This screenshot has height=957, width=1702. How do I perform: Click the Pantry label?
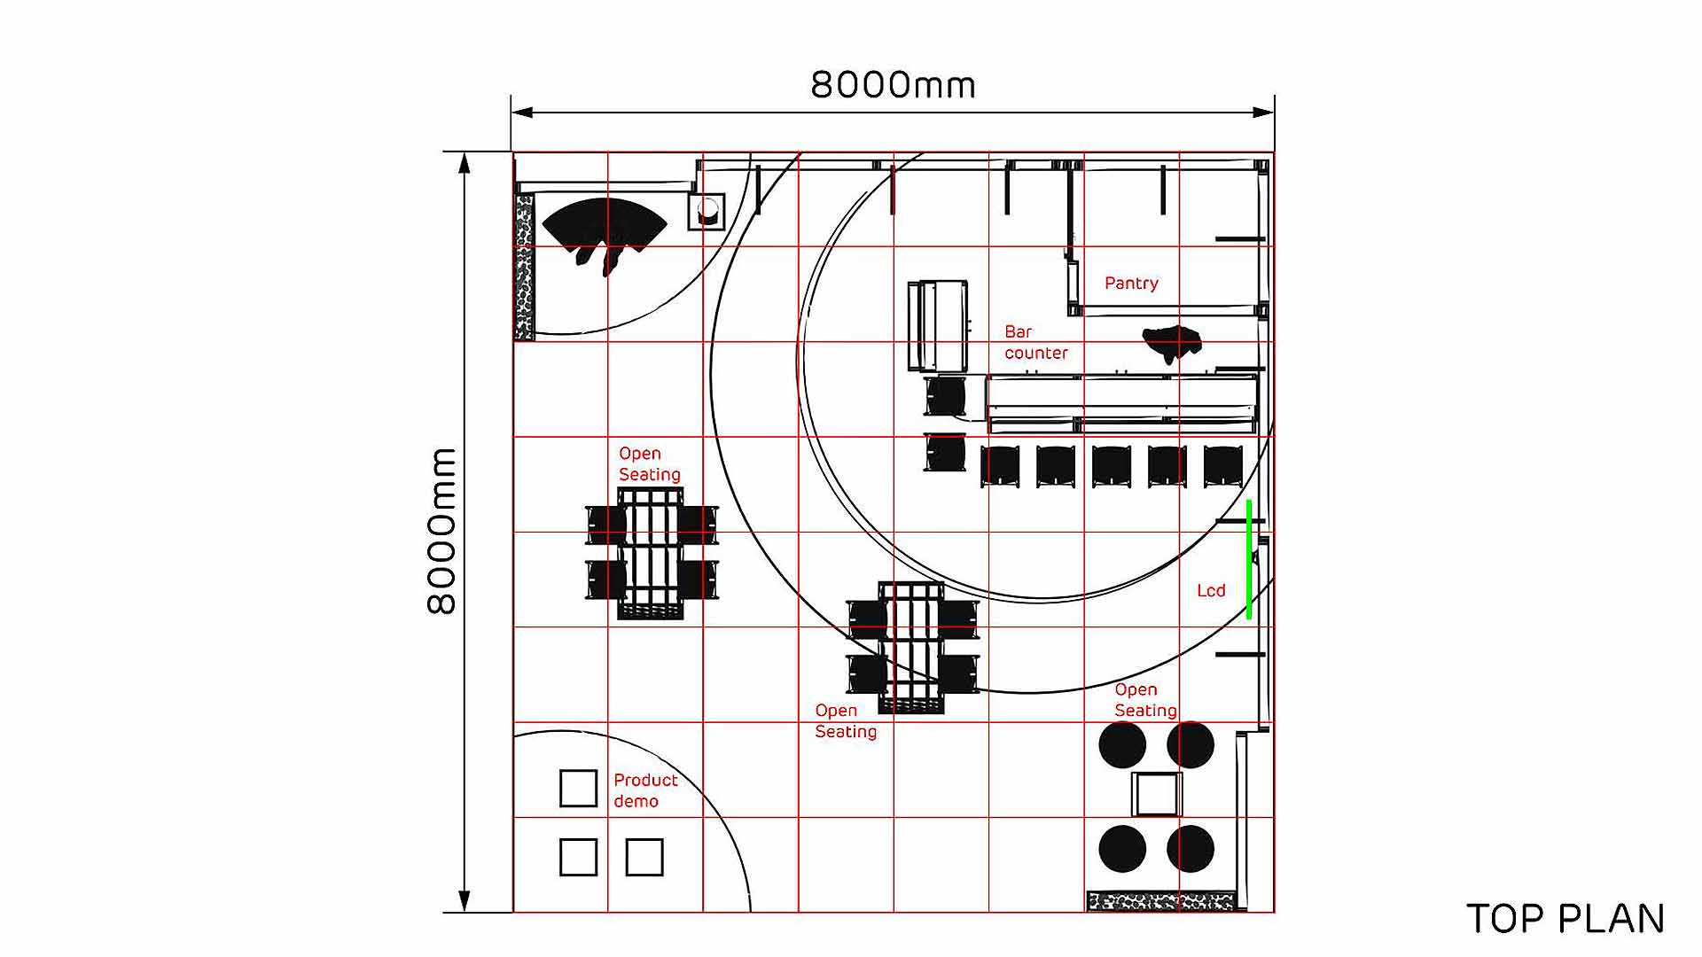[1131, 284]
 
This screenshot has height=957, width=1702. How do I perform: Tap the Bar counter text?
[1035, 342]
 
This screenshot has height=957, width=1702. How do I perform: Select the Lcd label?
[1211, 591]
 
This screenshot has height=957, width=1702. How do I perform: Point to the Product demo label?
[644, 790]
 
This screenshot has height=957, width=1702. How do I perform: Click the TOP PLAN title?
[1565, 919]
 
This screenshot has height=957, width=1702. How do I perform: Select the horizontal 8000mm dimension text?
[893, 85]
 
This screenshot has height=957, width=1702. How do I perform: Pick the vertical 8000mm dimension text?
[441, 532]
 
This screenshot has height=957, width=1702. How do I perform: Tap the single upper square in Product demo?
[578, 789]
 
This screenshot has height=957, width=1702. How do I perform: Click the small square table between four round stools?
[1157, 794]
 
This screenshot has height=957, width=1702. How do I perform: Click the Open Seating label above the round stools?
[1145, 700]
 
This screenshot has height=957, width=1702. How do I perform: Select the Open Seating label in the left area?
[649, 464]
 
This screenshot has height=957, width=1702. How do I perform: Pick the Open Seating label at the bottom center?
[845, 721]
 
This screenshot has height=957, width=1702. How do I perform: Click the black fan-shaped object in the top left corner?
[603, 226]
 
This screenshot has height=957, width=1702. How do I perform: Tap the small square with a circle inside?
[707, 212]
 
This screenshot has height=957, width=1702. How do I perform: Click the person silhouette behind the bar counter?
[1172, 342]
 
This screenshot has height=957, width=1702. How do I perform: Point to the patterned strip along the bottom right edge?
[1160, 902]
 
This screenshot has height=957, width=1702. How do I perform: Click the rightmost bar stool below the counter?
[1222, 466]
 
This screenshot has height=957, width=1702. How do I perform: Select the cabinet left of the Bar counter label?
[938, 325]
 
